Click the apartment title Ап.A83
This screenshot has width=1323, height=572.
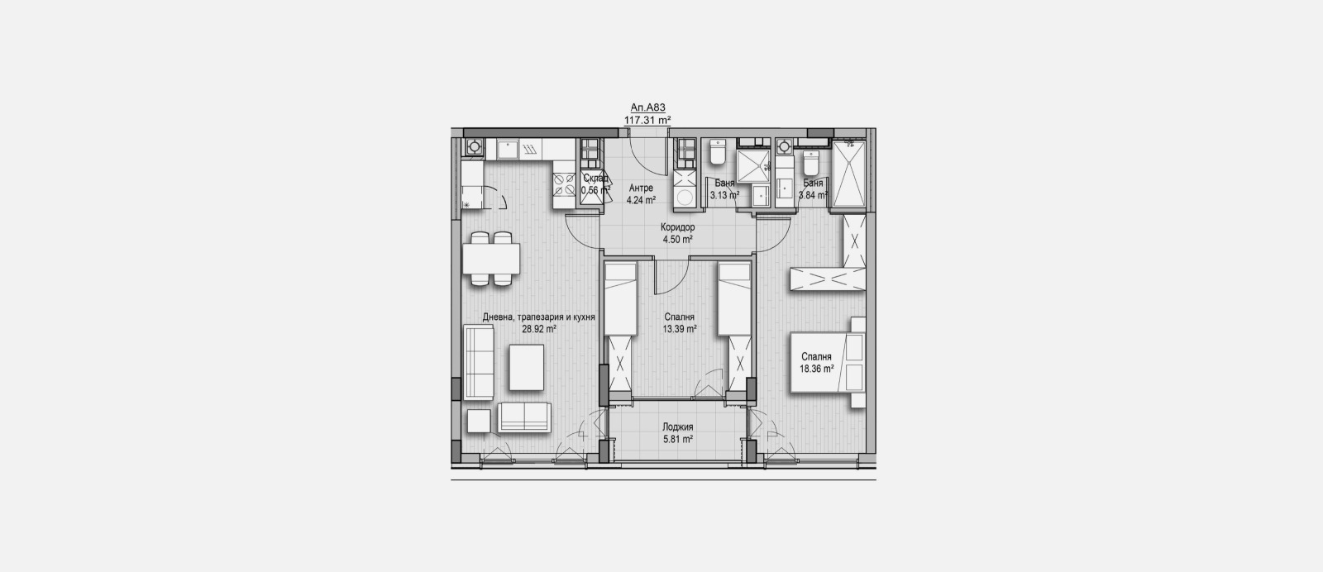pos(647,107)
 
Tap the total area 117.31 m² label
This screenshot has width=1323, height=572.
pos(647,120)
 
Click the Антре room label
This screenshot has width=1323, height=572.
pos(641,188)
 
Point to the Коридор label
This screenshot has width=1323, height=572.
pos(677,227)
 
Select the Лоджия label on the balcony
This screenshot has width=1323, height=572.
pos(677,427)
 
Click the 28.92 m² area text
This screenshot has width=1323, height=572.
pos(538,328)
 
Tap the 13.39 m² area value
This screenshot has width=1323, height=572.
pos(680,328)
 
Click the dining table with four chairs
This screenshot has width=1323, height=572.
pos(491,259)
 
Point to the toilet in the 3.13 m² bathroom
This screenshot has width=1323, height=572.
pos(717,155)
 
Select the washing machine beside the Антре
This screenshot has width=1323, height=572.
pos(685,197)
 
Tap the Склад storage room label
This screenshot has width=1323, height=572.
pos(596,178)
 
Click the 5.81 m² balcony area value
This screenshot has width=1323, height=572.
pos(677,440)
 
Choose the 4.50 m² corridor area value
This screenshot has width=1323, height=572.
pos(677,240)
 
